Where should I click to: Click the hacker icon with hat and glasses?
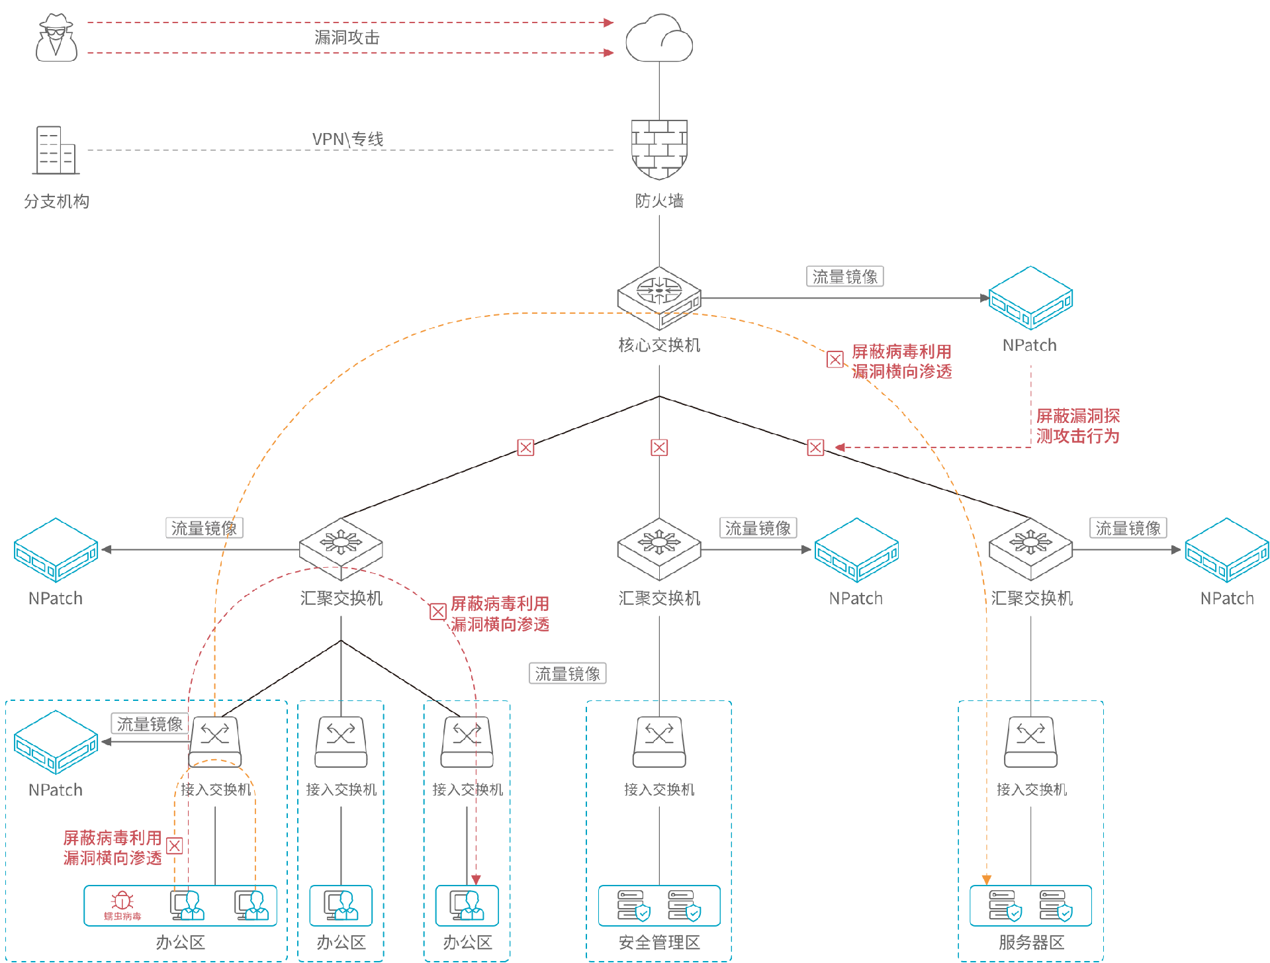[56, 38]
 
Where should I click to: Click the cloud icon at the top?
[659, 39]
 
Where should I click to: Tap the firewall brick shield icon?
[659, 149]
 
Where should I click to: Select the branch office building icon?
[56, 150]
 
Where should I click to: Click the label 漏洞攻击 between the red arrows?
[347, 38]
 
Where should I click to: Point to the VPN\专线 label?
[347, 139]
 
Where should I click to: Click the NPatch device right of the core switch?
[1030, 297]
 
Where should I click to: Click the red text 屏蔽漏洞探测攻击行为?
[1077, 426]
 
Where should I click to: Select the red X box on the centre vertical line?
[659, 448]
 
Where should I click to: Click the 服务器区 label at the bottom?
[1031, 942]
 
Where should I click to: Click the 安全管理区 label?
[659, 942]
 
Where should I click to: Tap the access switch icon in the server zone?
[1031, 741]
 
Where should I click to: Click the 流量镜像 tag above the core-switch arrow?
[844, 277]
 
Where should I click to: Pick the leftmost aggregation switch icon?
[341, 549]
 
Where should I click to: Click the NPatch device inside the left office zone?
[56, 741]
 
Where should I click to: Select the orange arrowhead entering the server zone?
[987, 880]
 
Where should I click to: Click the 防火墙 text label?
[659, 201]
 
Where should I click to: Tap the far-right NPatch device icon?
[1227, 549]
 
